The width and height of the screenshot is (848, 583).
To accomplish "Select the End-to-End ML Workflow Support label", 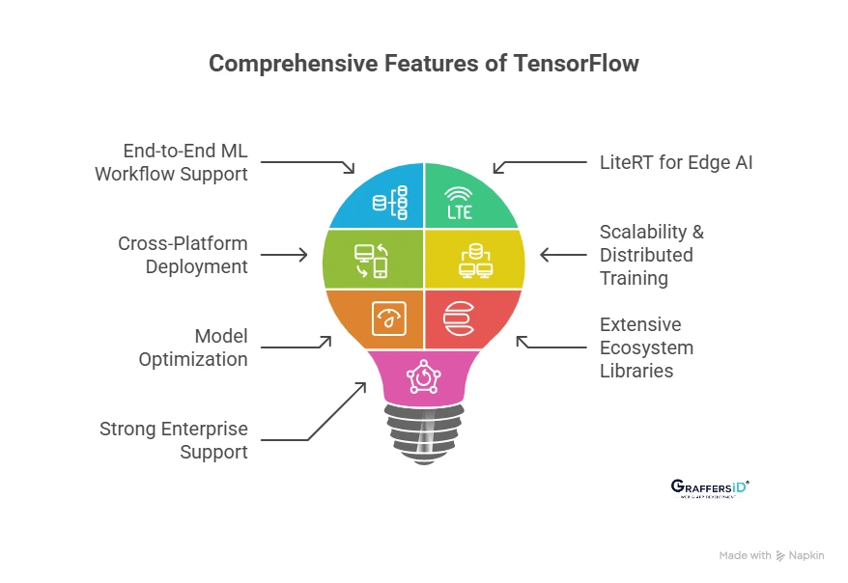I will [x=171, y=162].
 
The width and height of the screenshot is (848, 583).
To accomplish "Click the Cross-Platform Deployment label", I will [x=184, y=255].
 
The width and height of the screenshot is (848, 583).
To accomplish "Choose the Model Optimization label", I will [x=193, y=347].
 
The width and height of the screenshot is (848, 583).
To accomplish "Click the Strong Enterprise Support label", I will [x=174, y=440].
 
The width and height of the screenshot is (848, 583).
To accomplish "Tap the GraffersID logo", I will [x=709, y=488].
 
